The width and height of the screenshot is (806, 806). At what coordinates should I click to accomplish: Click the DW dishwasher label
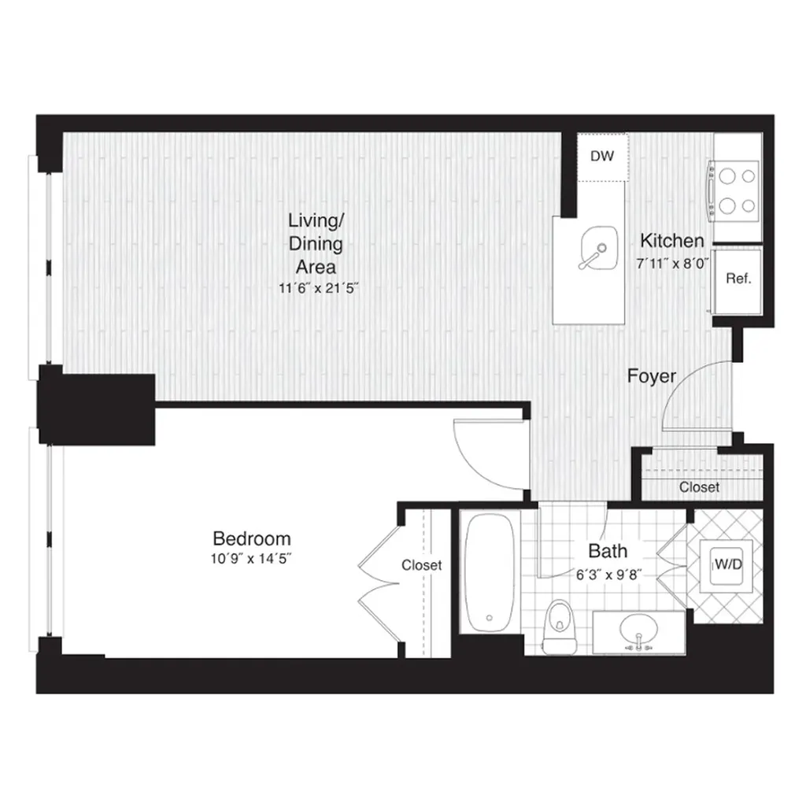click(x=602, y=157)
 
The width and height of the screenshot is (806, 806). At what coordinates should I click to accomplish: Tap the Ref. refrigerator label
click(x=738, y=279)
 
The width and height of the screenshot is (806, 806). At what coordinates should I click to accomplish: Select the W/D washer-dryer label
click(x=728, y=564)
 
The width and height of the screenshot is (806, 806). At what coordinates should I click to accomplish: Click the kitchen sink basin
click(x=598, y=248)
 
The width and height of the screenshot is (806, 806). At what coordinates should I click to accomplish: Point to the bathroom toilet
click(x=560, y=627)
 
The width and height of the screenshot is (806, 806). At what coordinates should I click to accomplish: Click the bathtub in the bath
click(x=489, y=574)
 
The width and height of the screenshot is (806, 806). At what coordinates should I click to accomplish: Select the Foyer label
click(x=651, y=376)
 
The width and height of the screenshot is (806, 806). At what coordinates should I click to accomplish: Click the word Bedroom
click(x=252, y=538)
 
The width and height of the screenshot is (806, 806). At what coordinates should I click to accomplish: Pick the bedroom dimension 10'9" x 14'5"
click(x=251, y=559)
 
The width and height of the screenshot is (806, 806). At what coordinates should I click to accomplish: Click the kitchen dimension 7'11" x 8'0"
click(x=672, y=264)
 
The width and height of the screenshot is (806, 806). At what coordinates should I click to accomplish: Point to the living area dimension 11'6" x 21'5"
click(x=318, y=288)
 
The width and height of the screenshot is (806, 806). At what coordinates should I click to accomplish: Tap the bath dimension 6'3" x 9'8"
click(x=608, y=575)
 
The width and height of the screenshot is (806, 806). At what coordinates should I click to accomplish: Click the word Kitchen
click(x=672, y=241)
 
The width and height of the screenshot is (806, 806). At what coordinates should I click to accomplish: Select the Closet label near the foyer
click(x=699, y=486)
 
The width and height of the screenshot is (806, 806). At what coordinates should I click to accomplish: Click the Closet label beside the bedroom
click(x=422, y=565)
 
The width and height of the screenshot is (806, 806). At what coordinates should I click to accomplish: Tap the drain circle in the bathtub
click(x=489, y=618)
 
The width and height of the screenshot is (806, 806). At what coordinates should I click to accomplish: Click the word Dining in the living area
click(x=316, y=244)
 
